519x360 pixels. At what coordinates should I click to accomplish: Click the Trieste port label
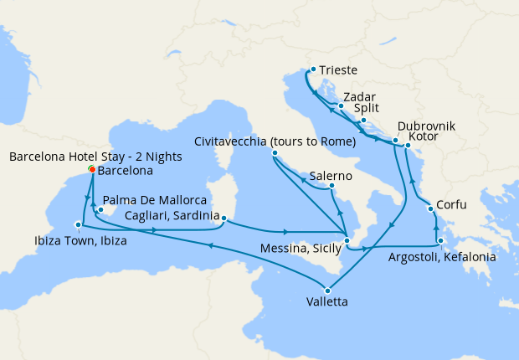point(338,71)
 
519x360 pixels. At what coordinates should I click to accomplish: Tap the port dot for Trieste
point(312,69)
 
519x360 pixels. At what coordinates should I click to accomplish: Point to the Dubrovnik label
point(426,126)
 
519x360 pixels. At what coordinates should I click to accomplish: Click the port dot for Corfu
point(430,208)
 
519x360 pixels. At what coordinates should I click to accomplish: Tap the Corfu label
point(452,204)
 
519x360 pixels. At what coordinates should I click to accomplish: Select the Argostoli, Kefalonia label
point(442,258)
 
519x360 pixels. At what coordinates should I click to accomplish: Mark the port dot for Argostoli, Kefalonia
point(440,240)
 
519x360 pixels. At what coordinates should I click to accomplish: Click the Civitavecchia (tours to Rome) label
point(275,141)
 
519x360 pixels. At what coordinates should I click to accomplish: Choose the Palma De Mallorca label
point(155,202)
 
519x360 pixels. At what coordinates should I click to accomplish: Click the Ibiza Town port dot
point(79,224)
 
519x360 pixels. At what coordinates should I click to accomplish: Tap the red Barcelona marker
point(91,169)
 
